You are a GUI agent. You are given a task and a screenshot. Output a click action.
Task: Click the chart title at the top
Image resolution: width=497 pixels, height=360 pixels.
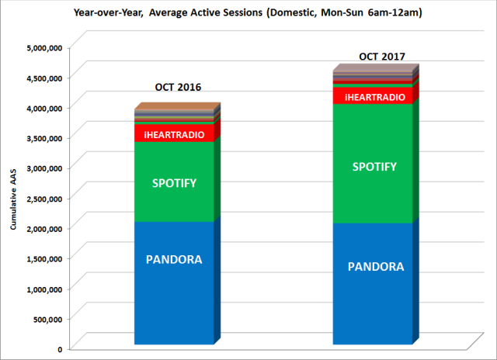coord(248,12)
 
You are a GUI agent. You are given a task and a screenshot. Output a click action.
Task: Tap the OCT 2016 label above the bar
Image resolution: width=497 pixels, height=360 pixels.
coord(178,87)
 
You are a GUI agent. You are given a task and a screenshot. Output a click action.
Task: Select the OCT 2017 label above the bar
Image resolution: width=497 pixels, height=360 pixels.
coord(382,57)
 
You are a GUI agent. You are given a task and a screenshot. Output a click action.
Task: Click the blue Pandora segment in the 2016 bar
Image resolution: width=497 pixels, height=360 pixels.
coord(174,282)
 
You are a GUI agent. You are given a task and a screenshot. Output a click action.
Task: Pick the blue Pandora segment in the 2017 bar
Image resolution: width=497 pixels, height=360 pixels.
coord(373,284)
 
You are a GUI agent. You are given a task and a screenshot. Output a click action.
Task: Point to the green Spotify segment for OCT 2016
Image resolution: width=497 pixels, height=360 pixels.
coord(174,182)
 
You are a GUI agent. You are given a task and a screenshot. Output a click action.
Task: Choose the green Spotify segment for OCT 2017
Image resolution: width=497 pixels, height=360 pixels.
coord(373,164)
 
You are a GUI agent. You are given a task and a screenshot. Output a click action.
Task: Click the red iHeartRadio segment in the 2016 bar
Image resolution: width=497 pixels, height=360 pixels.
coord(174,133)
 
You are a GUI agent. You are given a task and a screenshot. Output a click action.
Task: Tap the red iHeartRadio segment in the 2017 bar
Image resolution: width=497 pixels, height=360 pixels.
coord(373,95)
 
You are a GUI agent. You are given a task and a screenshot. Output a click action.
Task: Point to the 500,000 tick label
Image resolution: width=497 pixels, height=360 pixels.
coord(48,319)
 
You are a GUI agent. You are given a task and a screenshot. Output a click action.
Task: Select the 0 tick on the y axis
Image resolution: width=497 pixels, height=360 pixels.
coord(60,349)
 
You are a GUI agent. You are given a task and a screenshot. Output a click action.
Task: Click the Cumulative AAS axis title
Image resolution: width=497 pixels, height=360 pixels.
coord(13,199)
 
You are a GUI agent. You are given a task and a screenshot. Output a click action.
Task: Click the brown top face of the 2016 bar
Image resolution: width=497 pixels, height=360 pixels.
coord(178,106)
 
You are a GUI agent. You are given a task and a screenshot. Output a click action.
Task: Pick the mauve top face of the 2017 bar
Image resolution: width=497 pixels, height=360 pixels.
coord(376,67)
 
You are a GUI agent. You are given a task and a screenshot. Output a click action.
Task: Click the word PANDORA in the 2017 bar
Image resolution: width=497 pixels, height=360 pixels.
coord(376,267)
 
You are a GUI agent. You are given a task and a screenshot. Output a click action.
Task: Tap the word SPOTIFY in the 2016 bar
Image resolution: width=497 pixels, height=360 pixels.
coord(174,183)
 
